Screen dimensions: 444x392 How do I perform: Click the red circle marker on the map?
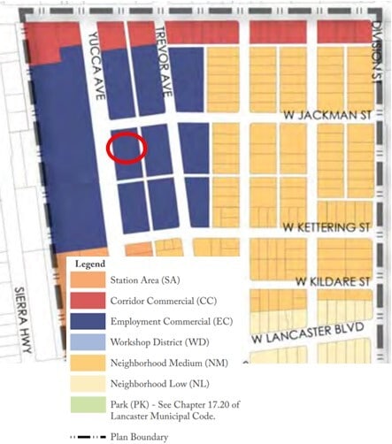[126, 147]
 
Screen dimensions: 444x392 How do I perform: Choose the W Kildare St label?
[333, 282]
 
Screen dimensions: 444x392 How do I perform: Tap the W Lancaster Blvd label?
[305, 334]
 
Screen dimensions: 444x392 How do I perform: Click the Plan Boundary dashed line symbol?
[88, 436]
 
